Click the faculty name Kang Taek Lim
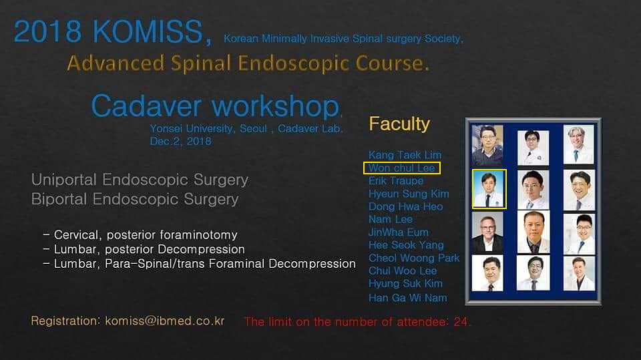coord(405,155)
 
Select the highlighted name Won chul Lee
coord(401,168)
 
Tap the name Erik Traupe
coord(396,181)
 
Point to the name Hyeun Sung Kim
coord(409,194)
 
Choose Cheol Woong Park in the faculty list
coord(414,258)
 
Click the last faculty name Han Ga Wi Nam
coord(407,298)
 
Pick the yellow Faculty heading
coord(399,124)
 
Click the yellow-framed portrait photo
coord(489,189)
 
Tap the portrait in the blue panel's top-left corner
coord(487,145)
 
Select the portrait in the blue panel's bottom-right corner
coord(579,273)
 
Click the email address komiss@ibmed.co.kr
coord(165,321)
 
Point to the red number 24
coord(460,322)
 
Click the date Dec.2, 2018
coord(180,141)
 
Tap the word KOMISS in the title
coord(148,31)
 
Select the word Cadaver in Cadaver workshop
coord(146,106)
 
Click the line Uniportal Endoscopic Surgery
coord(140,180)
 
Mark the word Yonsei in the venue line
coord(166,128)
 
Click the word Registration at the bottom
coord(65,321)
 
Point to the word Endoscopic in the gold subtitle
coord(294,63)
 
